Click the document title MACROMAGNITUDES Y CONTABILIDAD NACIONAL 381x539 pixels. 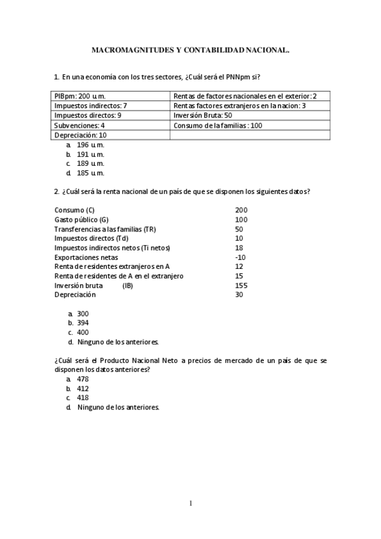(x=190, y=48)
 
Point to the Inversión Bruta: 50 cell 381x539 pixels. (x=202, y=116)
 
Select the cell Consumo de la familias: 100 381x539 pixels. (x=218, y=125)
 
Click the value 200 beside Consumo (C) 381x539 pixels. (x=241, y=210)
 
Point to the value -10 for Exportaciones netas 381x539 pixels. (x=240, y=257)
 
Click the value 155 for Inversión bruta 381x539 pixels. (x=241, y=285)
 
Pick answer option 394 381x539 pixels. (x=83, y=323)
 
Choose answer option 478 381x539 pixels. (x=83, y=379)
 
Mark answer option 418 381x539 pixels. (x=83, y=398)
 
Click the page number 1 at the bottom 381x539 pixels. (x=190, y=503)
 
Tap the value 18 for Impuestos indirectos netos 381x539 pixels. (x=239, y=248)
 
